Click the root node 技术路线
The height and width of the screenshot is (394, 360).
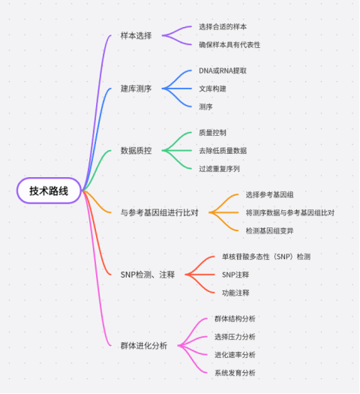point(49,191)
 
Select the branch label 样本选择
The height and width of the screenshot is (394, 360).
point(136,36)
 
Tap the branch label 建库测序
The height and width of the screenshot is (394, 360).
point(136,89)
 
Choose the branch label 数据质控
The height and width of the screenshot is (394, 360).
point(136,151)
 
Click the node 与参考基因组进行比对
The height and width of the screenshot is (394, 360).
point(160,212)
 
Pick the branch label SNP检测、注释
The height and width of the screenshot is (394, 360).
point(148,275)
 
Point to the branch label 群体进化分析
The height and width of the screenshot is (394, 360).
point(144,346)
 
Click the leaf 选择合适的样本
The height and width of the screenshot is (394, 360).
point(223,26)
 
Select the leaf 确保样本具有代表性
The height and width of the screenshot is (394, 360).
point(229,45)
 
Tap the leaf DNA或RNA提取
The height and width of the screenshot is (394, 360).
point(223,71)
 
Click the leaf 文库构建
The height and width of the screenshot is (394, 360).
point(212,89)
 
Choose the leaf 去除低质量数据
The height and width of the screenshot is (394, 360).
point(223,151)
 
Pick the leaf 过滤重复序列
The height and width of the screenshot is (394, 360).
point(219,169)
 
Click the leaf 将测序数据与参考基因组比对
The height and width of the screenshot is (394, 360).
point(290,212)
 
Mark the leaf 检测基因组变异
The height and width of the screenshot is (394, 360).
point(269,230)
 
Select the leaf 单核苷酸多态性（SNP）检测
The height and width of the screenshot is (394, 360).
point(266,257)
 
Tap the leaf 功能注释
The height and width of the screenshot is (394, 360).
point(235,293)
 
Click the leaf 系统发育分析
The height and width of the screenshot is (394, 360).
point(235,373)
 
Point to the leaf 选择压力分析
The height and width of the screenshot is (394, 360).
point(235,337)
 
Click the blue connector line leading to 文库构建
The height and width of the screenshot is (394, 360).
point(177,89)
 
